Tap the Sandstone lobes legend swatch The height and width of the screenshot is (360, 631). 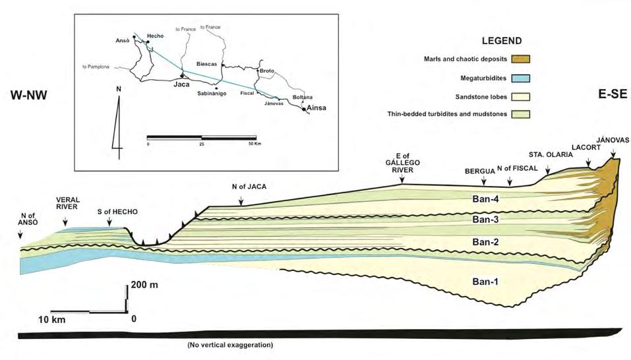(x=520, y=96)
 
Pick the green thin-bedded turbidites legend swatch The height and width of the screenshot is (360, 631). (x=520, y=114)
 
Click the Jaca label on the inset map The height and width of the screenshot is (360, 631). (x=181, y=84)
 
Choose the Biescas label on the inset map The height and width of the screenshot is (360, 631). (x=208, y=64)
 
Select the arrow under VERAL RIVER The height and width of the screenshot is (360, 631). (x=65, y=224)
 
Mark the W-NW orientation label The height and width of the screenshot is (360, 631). (x=31, y=96)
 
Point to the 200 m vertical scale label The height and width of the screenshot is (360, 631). (x=146, y=285)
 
